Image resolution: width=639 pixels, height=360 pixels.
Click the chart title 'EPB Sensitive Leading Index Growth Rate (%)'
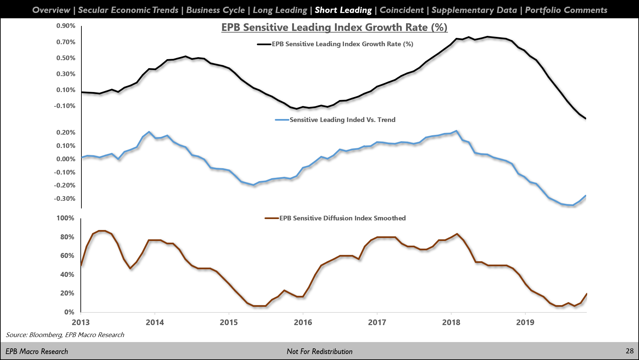(334, 27)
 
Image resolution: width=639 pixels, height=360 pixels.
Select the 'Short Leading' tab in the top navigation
(343, 10)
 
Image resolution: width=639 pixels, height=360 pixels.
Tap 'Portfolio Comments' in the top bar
(566, 10)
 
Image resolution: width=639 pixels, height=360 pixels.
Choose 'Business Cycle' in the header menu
(215, 10)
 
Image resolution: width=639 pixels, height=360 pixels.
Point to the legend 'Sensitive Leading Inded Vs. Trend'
(342, 120)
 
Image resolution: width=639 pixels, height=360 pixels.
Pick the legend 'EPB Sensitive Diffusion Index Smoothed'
(342, 218)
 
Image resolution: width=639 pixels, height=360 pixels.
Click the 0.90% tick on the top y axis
(66, 26)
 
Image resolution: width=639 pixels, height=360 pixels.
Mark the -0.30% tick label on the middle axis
(65, 199)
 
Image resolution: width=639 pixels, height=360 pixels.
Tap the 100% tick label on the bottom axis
(65, 218)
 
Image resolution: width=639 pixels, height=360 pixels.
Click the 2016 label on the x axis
(303, 322)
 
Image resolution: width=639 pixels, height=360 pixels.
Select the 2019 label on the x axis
(525, 322)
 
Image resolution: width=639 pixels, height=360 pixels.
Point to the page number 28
(629, 351)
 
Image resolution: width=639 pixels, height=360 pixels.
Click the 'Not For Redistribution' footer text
(319, 351)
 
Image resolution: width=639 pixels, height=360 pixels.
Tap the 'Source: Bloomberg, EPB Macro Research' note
(65, 335)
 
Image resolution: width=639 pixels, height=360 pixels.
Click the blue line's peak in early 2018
(457, 131)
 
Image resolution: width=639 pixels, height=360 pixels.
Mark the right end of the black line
(586, 118)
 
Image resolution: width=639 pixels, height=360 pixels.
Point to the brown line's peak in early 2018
(457, 234)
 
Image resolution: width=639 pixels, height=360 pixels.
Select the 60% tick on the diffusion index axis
(67, 256)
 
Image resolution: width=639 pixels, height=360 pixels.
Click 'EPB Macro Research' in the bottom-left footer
(37, 351)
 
